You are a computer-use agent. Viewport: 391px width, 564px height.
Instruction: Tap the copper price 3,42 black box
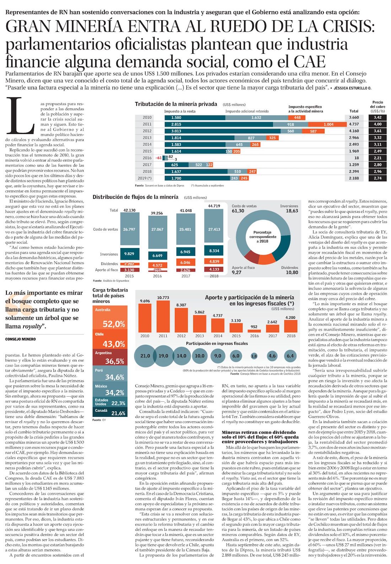click(x=377, y=118)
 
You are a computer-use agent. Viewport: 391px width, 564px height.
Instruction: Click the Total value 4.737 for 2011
click(x=354, y=124)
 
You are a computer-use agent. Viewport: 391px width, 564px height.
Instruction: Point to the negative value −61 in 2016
click(x=159, y=158)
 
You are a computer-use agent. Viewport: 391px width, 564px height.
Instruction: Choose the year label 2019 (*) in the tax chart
click(x=145, y=178)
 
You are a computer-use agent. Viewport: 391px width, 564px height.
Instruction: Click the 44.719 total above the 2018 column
click(x=214, y=206)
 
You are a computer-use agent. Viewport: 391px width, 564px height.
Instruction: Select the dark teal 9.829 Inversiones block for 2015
click(x=129, y=254)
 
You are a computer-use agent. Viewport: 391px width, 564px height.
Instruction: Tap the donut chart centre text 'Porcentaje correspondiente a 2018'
click(x=263, y=237)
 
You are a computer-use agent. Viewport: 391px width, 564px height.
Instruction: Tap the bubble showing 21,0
click(x=145, y=356)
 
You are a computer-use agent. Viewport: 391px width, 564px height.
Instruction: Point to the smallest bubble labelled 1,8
click(x=254, y=356)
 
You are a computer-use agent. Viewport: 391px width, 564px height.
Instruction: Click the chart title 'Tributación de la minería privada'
click(x=176, y=104)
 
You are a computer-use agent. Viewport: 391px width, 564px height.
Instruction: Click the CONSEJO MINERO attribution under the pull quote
click(x=20, y=339)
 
